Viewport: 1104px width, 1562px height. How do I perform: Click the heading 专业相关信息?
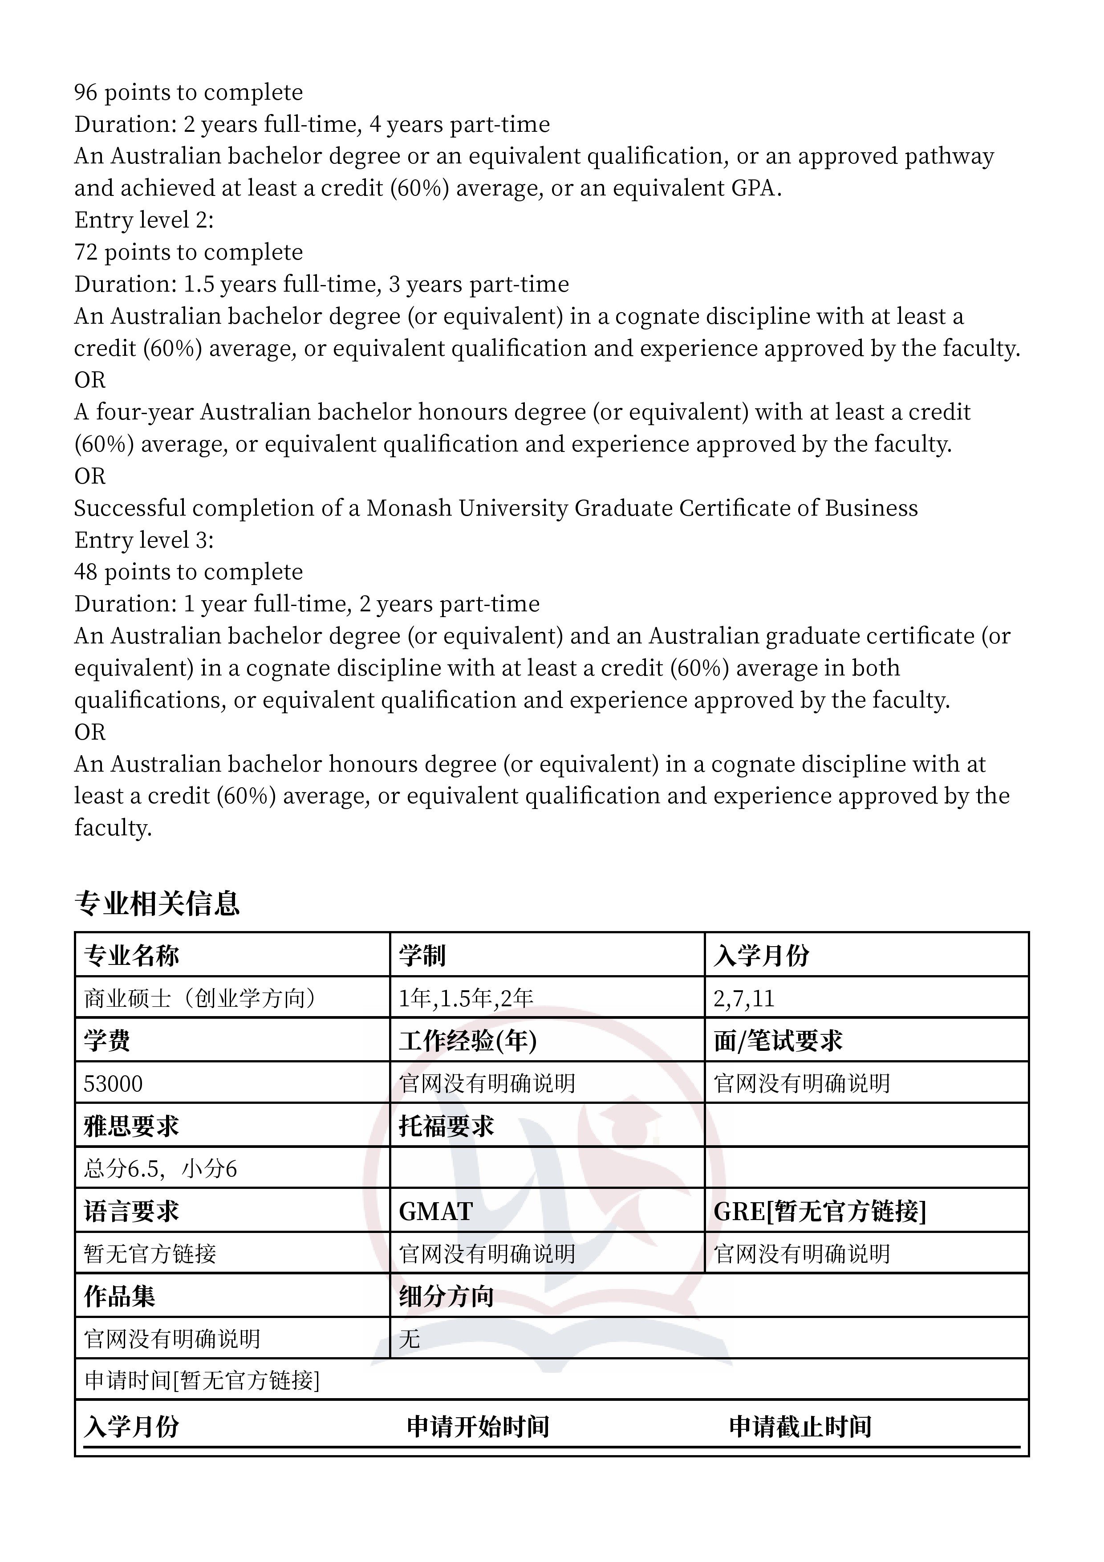[157, 903]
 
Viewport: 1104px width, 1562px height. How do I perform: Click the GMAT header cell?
[436, 1212]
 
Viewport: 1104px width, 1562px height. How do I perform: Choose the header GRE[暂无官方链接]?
[820, 1212]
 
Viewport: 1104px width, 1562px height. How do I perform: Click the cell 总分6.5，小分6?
[161, 1169]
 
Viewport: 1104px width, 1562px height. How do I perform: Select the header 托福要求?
[446, 1126]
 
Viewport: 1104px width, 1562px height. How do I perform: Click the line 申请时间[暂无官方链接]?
[202, 1380]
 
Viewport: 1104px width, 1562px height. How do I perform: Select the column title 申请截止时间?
[800, 1426]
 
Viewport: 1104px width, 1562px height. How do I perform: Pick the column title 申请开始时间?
[478, 1426]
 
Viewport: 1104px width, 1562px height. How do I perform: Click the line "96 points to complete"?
[188, 92]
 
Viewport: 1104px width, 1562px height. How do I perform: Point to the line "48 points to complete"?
[188, 571]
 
